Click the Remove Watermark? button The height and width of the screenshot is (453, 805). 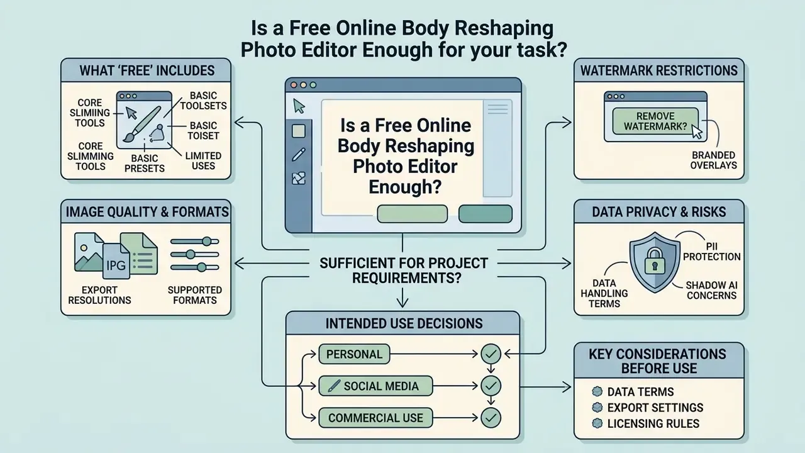(655, 121)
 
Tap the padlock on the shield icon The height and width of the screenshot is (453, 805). (655, 261)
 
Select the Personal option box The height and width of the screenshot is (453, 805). (354, 354)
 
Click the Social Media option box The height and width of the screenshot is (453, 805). (375, 386)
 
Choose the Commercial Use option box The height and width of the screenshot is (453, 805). (375, 418)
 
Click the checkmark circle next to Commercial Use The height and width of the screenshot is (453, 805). (491, 418)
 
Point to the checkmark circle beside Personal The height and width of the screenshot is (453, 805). (491, 354)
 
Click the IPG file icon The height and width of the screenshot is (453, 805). (116, 261)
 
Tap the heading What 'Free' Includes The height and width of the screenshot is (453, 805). (147, 70)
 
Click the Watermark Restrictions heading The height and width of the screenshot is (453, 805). (658, 70)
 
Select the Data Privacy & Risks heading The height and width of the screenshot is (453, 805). (658, 212)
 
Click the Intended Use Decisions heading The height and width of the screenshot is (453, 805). (404, 323)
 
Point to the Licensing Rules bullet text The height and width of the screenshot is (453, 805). (653, 423)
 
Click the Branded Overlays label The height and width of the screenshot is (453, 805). (713, 160)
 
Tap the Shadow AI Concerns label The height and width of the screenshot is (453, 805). (711, 291)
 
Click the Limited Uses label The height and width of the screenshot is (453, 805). (203, 160)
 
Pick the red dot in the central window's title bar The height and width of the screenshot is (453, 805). (294, 85)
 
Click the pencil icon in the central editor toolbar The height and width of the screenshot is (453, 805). (299, 155)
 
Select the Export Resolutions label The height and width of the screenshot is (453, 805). (99, 295)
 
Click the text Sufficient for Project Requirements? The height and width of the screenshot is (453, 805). (404, 271)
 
